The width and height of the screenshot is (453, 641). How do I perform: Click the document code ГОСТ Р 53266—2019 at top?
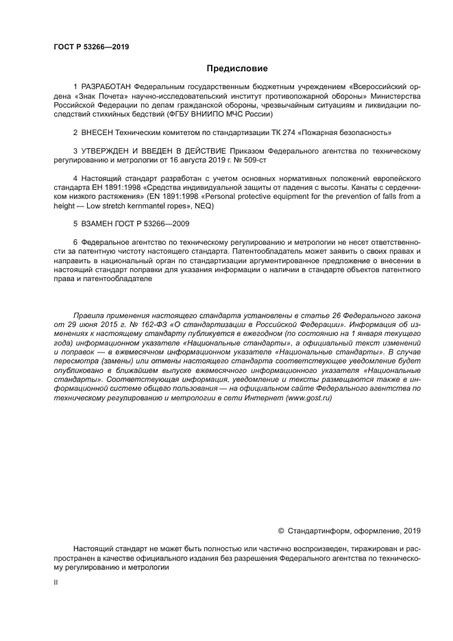(x=91, y=47)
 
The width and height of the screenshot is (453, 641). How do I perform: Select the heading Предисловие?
(x=237, y=69)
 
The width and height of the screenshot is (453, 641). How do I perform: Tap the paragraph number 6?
(x=75, y=242)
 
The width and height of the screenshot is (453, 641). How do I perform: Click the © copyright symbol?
(x=280, y=530)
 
